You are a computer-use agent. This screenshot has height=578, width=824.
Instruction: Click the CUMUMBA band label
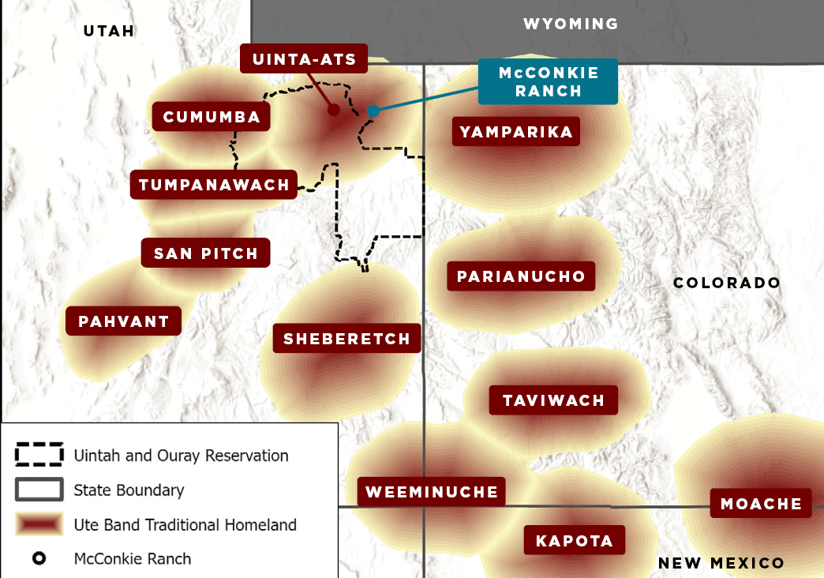(212, 117)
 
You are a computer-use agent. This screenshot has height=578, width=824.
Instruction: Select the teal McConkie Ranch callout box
(548, 81)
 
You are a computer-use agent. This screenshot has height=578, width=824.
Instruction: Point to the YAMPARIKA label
(516, 131)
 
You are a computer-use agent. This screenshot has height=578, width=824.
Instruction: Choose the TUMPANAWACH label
(214, 185)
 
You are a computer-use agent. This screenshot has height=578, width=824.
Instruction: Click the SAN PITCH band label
(206, 253)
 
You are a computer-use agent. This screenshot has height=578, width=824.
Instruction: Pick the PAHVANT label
(124, 321)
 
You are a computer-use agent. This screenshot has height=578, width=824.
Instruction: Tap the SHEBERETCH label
(346, 339)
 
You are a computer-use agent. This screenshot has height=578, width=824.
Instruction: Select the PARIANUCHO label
(521, 276)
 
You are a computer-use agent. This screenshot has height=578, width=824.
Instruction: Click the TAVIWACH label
(553, 400)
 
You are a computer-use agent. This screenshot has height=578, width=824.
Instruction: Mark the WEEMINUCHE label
(432, 491)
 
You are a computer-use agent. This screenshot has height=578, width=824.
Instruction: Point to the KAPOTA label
(574, 541)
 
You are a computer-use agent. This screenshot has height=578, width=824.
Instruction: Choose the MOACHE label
(761, 503)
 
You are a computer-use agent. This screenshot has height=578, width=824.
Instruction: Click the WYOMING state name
(571, 24)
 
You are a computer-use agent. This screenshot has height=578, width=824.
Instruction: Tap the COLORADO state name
(726, 283)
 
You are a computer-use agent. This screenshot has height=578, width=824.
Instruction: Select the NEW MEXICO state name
(721, 562)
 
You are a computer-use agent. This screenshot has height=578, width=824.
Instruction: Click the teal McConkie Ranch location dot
(373, 111)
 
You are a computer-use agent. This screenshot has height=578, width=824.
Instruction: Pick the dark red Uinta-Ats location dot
(334, 110)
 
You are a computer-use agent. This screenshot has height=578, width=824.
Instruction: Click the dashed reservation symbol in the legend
(39, 455)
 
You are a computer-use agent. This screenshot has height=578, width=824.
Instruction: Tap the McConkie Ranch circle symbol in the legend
(39, 558)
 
